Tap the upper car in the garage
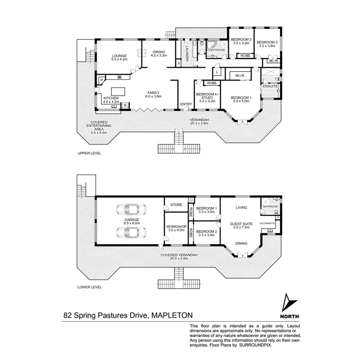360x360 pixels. tap(130, 209)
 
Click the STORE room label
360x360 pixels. tap(176, 205)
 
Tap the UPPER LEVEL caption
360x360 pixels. tap(90, 153)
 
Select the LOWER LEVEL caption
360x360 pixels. tap(90, 287)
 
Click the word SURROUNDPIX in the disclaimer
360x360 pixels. tap(255, 344)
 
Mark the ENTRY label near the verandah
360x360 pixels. tap(186, 104)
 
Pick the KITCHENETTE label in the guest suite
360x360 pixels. tap(267, 223)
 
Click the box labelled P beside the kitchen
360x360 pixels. tap(102, 80)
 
